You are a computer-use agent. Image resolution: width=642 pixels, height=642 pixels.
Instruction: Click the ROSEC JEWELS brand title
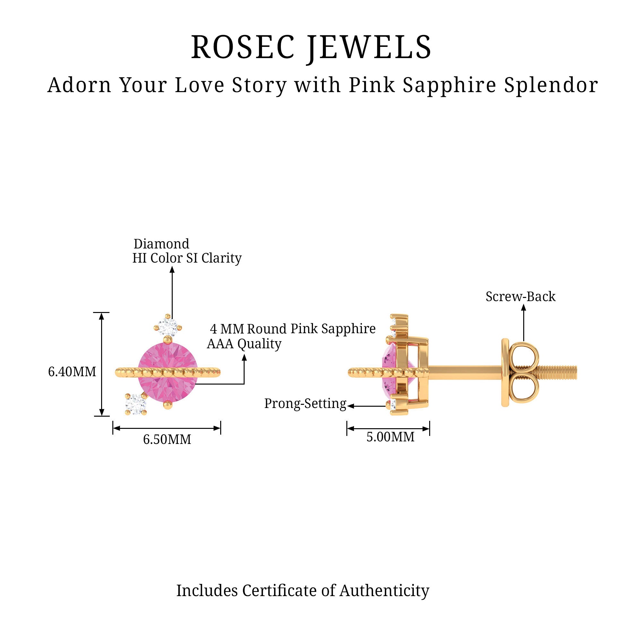(311, 47)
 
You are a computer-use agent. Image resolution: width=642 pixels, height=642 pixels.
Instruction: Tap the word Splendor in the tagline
(551, 85)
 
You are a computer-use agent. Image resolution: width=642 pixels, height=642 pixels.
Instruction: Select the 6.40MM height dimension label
(72, 371)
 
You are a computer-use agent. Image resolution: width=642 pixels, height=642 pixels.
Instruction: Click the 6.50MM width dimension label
(167, 439)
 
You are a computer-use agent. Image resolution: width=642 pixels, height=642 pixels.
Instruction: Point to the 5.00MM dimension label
(390, 437)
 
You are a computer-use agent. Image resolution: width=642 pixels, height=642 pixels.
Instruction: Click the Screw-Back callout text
(520, 296)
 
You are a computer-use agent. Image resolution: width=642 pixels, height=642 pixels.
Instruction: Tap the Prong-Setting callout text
(305, 403)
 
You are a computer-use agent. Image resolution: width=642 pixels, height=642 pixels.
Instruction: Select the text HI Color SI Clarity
(187, 258)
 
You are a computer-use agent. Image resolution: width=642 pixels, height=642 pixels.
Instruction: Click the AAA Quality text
(244, 343)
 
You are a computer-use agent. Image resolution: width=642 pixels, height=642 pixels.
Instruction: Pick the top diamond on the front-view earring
(168, 327)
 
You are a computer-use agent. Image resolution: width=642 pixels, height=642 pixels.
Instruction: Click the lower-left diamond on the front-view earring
(135, 404)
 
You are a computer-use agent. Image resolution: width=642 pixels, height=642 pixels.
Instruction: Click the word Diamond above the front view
(161, 244)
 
